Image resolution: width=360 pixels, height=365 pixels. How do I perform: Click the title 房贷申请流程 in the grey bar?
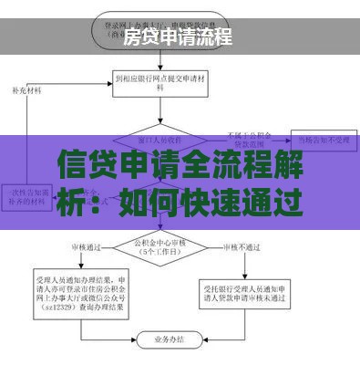(x=178, y=37)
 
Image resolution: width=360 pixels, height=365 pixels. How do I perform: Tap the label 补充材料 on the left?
(x=27, y=92)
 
